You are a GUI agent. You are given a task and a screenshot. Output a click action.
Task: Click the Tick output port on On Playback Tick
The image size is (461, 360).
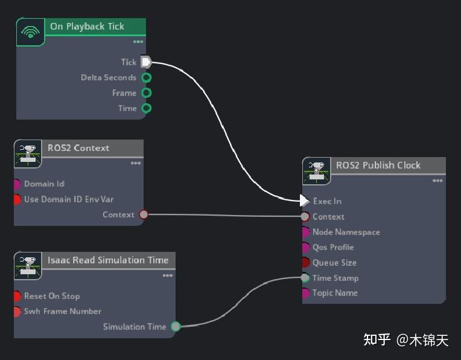point(145,62)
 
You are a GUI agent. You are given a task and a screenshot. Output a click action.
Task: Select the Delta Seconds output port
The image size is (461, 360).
point(146,77)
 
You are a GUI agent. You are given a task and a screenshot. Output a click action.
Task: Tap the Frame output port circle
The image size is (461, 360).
point(146,93)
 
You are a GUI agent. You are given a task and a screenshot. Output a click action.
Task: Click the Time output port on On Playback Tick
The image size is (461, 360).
point(146,108)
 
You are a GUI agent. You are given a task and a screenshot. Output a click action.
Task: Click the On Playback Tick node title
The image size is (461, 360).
point(87,27)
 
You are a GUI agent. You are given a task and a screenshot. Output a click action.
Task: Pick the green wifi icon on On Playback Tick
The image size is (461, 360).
point(30,31)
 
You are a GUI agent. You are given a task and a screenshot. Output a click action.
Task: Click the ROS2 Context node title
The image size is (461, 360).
point(78,148)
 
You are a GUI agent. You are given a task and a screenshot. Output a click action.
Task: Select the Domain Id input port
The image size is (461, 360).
point(17,184)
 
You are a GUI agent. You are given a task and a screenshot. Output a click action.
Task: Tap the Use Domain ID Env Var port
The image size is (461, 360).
point(17,199)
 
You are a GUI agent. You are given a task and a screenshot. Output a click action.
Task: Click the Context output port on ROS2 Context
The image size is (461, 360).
point(144,214)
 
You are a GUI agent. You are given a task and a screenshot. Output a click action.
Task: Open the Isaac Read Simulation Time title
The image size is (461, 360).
point(108,260)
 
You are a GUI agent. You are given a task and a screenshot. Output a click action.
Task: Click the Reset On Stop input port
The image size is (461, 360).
point(17,296)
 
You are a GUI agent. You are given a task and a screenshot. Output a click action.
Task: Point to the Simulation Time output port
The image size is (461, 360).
point(176,327)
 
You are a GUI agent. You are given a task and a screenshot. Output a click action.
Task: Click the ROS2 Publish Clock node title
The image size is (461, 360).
point(378,166)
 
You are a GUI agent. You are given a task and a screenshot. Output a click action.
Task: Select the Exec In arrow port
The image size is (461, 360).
point(305,201)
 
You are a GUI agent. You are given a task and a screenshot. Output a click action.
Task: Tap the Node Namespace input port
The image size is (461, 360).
point(305,232)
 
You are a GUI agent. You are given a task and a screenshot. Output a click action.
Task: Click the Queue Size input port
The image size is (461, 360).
point(305,263)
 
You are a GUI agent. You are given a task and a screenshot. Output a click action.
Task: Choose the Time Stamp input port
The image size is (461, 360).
point(305,278)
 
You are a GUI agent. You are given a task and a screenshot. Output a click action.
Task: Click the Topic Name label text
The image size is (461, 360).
point(335,293)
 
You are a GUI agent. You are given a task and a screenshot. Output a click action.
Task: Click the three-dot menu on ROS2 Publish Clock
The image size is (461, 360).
point(437,181)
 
